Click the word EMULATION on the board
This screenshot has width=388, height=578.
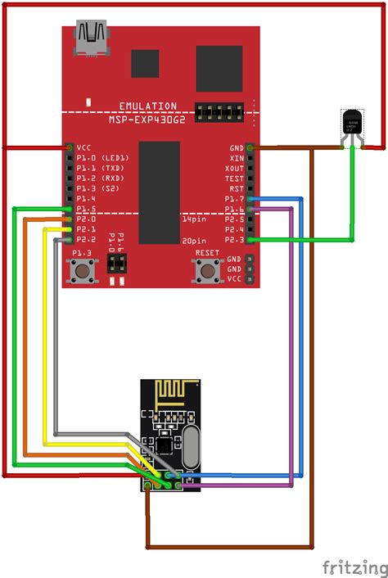(x=147, y=106)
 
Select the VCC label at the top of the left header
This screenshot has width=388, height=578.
(x=83, y=147)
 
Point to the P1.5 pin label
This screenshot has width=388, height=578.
(x=86, y=209)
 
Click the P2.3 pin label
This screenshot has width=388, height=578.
(x=235, y=240)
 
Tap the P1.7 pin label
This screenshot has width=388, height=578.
(x=235, y=199)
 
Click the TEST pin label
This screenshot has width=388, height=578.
(x=235, y=178)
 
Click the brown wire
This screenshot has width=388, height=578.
(x=311, y=368)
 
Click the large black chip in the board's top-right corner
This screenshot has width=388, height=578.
(x=219, y=68)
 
